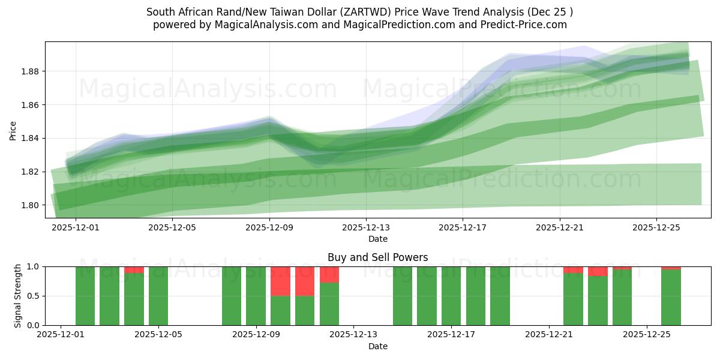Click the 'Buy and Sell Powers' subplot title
coord(377,257)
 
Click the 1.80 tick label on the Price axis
coord(31,205)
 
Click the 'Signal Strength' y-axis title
coord(18,296)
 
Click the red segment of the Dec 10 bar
coord(280,281)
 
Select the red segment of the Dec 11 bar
coord(305,281)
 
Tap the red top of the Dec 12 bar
coord(329,274)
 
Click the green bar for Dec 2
coord(85,296)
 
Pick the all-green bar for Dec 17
coord(451,296)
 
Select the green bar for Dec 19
coord(500,296)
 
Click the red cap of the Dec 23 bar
coord(598,271)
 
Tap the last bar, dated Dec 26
coord(671,297)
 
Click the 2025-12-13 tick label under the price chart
coord(365,228)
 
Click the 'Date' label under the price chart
coord(377,239)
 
